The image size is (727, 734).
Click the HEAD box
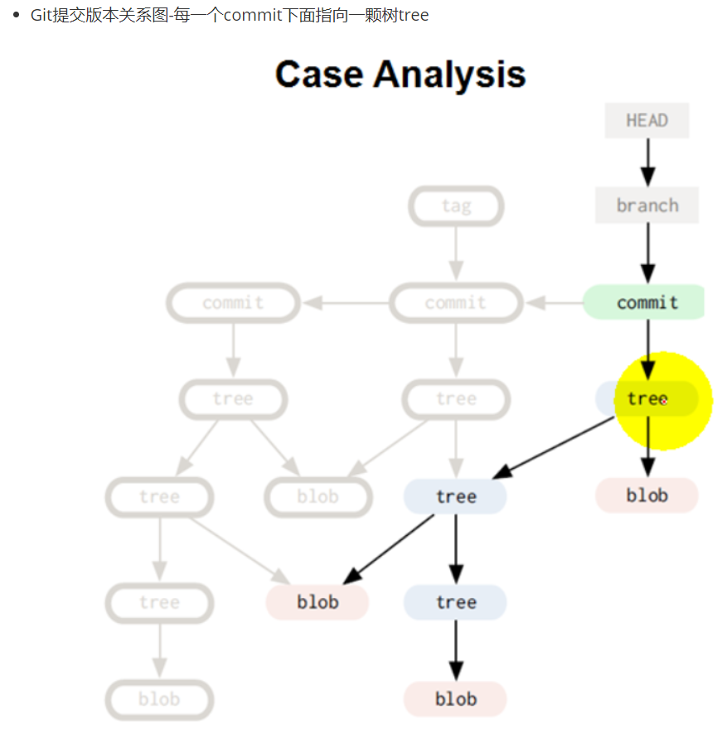[647, 121]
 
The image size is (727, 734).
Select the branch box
[647, 205]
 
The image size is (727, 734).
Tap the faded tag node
[456, 206]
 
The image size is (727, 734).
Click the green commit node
[645, 302]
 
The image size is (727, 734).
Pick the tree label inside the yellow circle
[647, 399]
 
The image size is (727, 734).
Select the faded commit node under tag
[456, 303]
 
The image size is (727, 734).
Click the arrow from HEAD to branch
[647, 162]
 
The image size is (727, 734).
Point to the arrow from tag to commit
[455, 254]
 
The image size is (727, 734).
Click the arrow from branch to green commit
[647, 254]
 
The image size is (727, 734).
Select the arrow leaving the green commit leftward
[554, 303]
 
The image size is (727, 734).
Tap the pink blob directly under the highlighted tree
[647, 495]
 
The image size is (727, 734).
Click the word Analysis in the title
[449, 75]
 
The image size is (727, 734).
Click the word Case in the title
[319, 75]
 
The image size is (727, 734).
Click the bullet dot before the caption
[16, 16]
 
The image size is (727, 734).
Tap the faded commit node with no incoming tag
[233, 303]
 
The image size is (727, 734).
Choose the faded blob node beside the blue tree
[317, 497]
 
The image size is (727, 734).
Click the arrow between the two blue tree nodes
[455, 548]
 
